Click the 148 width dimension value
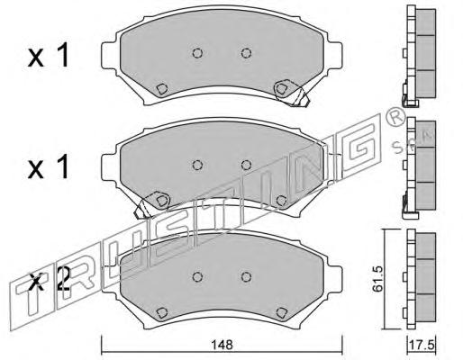(x=222, y=345)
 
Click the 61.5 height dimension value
(x=377, y=279)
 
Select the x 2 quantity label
(x=50, y=279)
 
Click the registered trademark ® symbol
(x=395, y=119)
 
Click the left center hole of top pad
(x=197, y=53)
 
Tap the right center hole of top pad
(x=246, y=53)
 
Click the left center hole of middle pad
(x=197, y=165)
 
